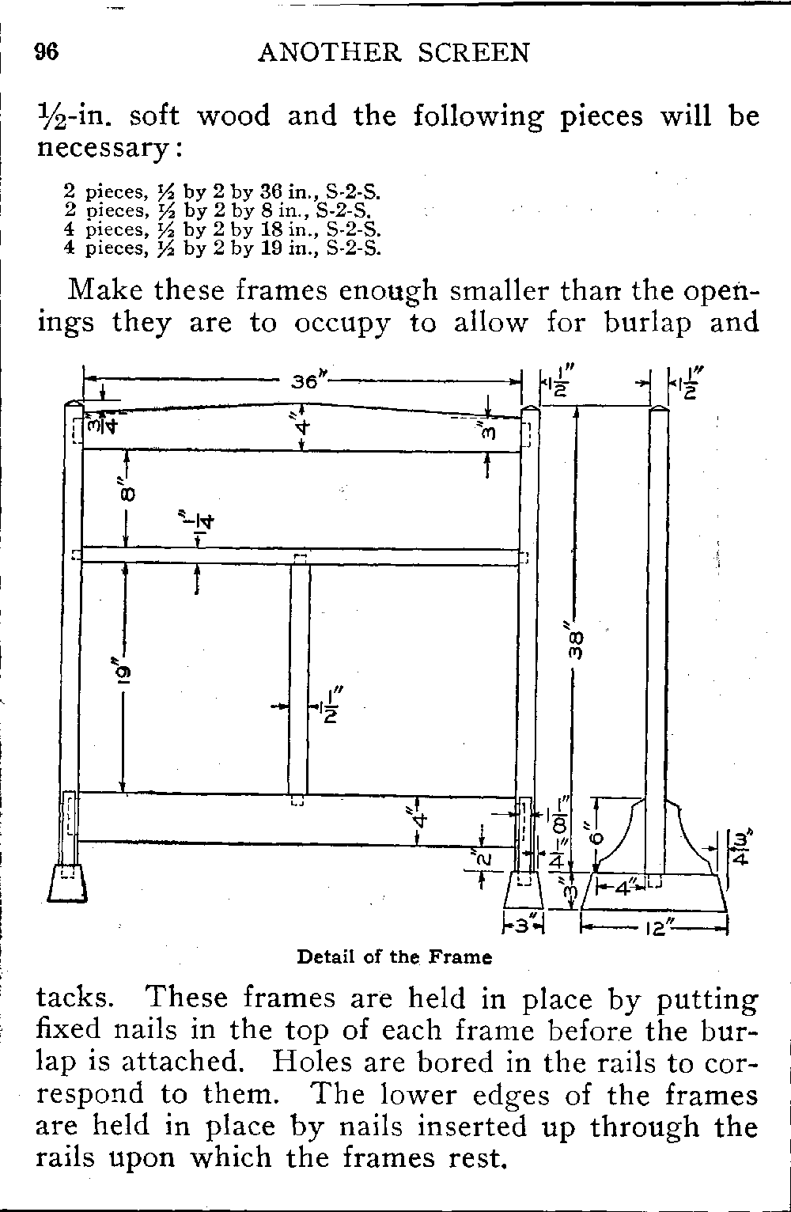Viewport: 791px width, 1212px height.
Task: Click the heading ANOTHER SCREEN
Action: click(x=394, y=52)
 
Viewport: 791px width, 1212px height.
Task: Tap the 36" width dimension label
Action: click(x=305, y=381)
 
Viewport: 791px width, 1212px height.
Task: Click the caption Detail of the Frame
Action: click(x=394, y=957)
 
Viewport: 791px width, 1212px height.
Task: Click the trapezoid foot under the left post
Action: click(x=66, y=884)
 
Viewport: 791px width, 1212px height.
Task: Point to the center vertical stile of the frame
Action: click(x=299, y=680)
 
